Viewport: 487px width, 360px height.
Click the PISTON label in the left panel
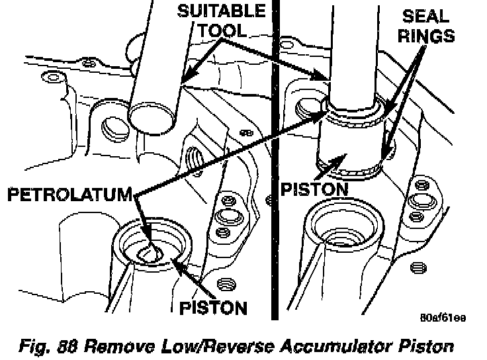214,308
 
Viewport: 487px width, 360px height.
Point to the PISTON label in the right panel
314,189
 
